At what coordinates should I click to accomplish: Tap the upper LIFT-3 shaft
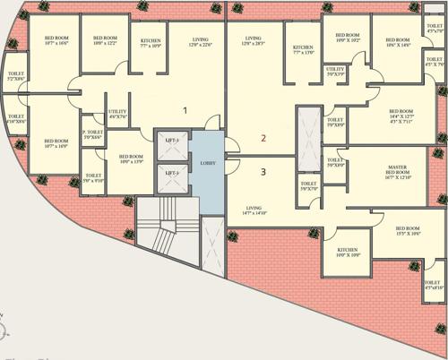[x=170, y=142]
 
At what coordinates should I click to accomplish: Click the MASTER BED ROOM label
[x=398, y=172]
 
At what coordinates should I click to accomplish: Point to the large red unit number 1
[x=185, y=111]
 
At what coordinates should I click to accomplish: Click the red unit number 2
[x=263, y=138]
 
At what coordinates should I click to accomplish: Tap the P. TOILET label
[x=93, y=133]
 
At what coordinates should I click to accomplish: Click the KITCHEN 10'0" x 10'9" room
[x=348, y=253]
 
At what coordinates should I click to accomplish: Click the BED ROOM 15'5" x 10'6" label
[x=408, y=232]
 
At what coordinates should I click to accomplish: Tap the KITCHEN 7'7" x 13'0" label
[x=303, y=50]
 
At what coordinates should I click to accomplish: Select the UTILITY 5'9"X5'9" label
[x=335, y=72]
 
